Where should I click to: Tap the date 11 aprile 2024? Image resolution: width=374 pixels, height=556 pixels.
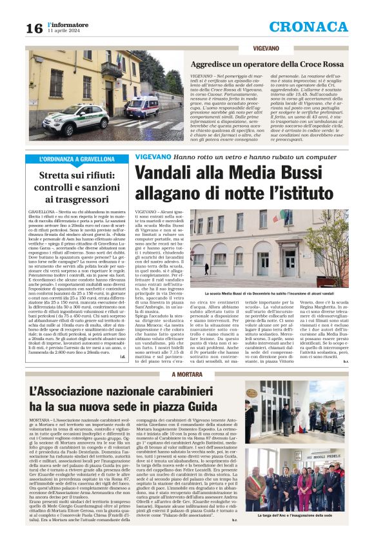click(x=64, y=30)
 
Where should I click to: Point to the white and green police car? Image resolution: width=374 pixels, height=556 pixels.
click(x=66, y=117)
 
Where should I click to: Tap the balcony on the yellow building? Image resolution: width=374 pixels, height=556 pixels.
click(x=111, y=68)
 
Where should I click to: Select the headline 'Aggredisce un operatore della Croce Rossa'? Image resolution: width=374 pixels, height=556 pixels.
click(x=266, y=64)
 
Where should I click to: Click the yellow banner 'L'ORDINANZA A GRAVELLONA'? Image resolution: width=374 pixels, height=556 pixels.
click(x=77, y=158)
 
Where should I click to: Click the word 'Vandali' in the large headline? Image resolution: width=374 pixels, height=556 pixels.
click(x=162, y=173)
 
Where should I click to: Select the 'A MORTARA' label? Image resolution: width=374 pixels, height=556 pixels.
click(x=170, y=374)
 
